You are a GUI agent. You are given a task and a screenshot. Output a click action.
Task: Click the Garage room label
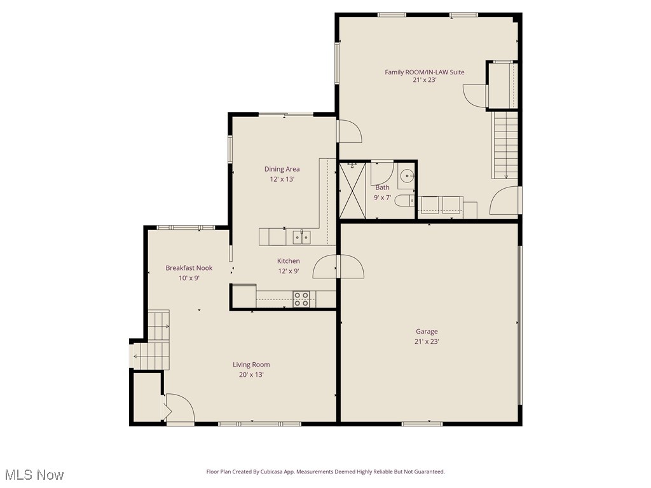427,331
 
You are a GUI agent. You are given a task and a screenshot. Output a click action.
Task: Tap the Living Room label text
251,365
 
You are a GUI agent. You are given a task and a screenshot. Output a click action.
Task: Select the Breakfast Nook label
189,268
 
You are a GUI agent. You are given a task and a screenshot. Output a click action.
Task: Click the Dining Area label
282,169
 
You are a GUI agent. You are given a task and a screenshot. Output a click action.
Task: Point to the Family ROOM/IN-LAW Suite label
424,72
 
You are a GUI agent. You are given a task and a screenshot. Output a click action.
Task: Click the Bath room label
382,187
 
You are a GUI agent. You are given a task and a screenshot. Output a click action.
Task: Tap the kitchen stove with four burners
301,299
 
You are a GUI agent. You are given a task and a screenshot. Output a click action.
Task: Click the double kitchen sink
301,237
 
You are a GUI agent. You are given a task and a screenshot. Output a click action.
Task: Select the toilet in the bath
404,202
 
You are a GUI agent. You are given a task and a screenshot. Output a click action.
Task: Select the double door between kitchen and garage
339,266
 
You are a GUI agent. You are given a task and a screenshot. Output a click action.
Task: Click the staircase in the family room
505,145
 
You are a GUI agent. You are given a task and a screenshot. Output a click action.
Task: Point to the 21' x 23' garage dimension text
427,341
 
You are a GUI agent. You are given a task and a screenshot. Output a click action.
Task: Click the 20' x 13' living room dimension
251,375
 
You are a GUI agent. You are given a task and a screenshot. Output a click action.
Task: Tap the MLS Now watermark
34,475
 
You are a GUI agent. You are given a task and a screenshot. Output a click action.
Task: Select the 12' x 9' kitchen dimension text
288,271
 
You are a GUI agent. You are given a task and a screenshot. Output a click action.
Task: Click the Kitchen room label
288,261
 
